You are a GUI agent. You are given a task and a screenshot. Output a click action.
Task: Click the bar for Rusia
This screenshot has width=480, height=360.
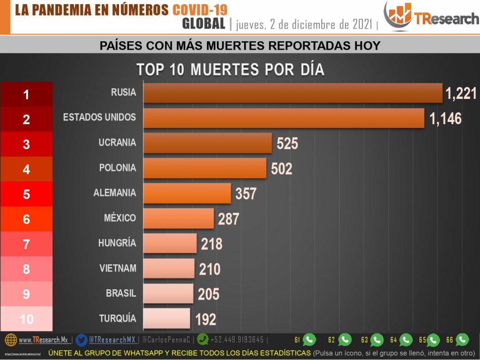[x=292, y=93]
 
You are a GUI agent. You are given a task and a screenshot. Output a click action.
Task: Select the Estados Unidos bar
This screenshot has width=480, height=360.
[x=284, y=118]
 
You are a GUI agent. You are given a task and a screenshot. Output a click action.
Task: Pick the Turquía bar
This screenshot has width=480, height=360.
[x=166, y=318]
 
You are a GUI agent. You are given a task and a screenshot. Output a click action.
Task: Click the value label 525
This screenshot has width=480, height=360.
[x=287, y=143]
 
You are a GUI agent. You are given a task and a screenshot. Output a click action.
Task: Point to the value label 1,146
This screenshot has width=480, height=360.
[x=445, y=119]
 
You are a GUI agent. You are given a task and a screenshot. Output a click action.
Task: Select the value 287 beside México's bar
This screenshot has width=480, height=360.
[x=228, y=218]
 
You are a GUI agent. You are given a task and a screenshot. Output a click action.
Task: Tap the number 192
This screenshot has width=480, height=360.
[x=205, y=319]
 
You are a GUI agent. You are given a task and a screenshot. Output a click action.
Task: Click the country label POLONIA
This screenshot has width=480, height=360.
[x=118, y=168]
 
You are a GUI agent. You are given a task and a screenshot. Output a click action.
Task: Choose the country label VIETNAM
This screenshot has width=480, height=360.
[x=118, y=268]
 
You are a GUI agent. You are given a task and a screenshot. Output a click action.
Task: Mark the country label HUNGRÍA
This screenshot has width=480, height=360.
[x=117, y=243]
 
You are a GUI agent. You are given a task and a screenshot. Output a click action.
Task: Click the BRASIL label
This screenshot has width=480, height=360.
[x=121, y=293]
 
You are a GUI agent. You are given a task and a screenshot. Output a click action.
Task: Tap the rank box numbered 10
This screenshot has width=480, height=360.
[x=26, y=319]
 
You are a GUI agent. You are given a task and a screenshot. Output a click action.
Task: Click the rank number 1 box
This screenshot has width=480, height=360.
[x=26, y=94]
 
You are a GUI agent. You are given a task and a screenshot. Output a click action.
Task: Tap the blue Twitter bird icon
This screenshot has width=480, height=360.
[x=82, y=339]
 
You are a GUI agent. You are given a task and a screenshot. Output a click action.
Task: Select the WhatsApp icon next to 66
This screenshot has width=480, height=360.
[x=462, y=339]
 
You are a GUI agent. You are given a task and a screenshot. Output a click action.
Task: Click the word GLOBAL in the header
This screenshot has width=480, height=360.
[x=203, y=23]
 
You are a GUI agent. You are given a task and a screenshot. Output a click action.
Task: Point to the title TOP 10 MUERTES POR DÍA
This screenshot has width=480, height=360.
[x=230, y=69]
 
